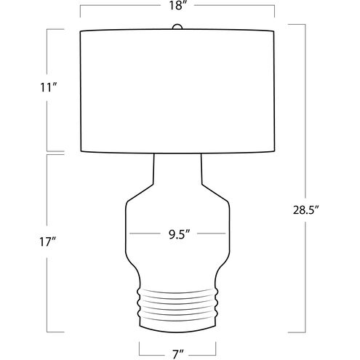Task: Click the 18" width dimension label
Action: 178,7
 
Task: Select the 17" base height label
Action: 49,241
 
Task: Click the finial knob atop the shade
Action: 177,27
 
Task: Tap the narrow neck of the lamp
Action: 178,171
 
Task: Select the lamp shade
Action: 178,91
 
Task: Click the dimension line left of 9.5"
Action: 143,234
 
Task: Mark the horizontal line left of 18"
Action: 124,7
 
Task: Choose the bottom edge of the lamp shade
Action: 178,153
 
